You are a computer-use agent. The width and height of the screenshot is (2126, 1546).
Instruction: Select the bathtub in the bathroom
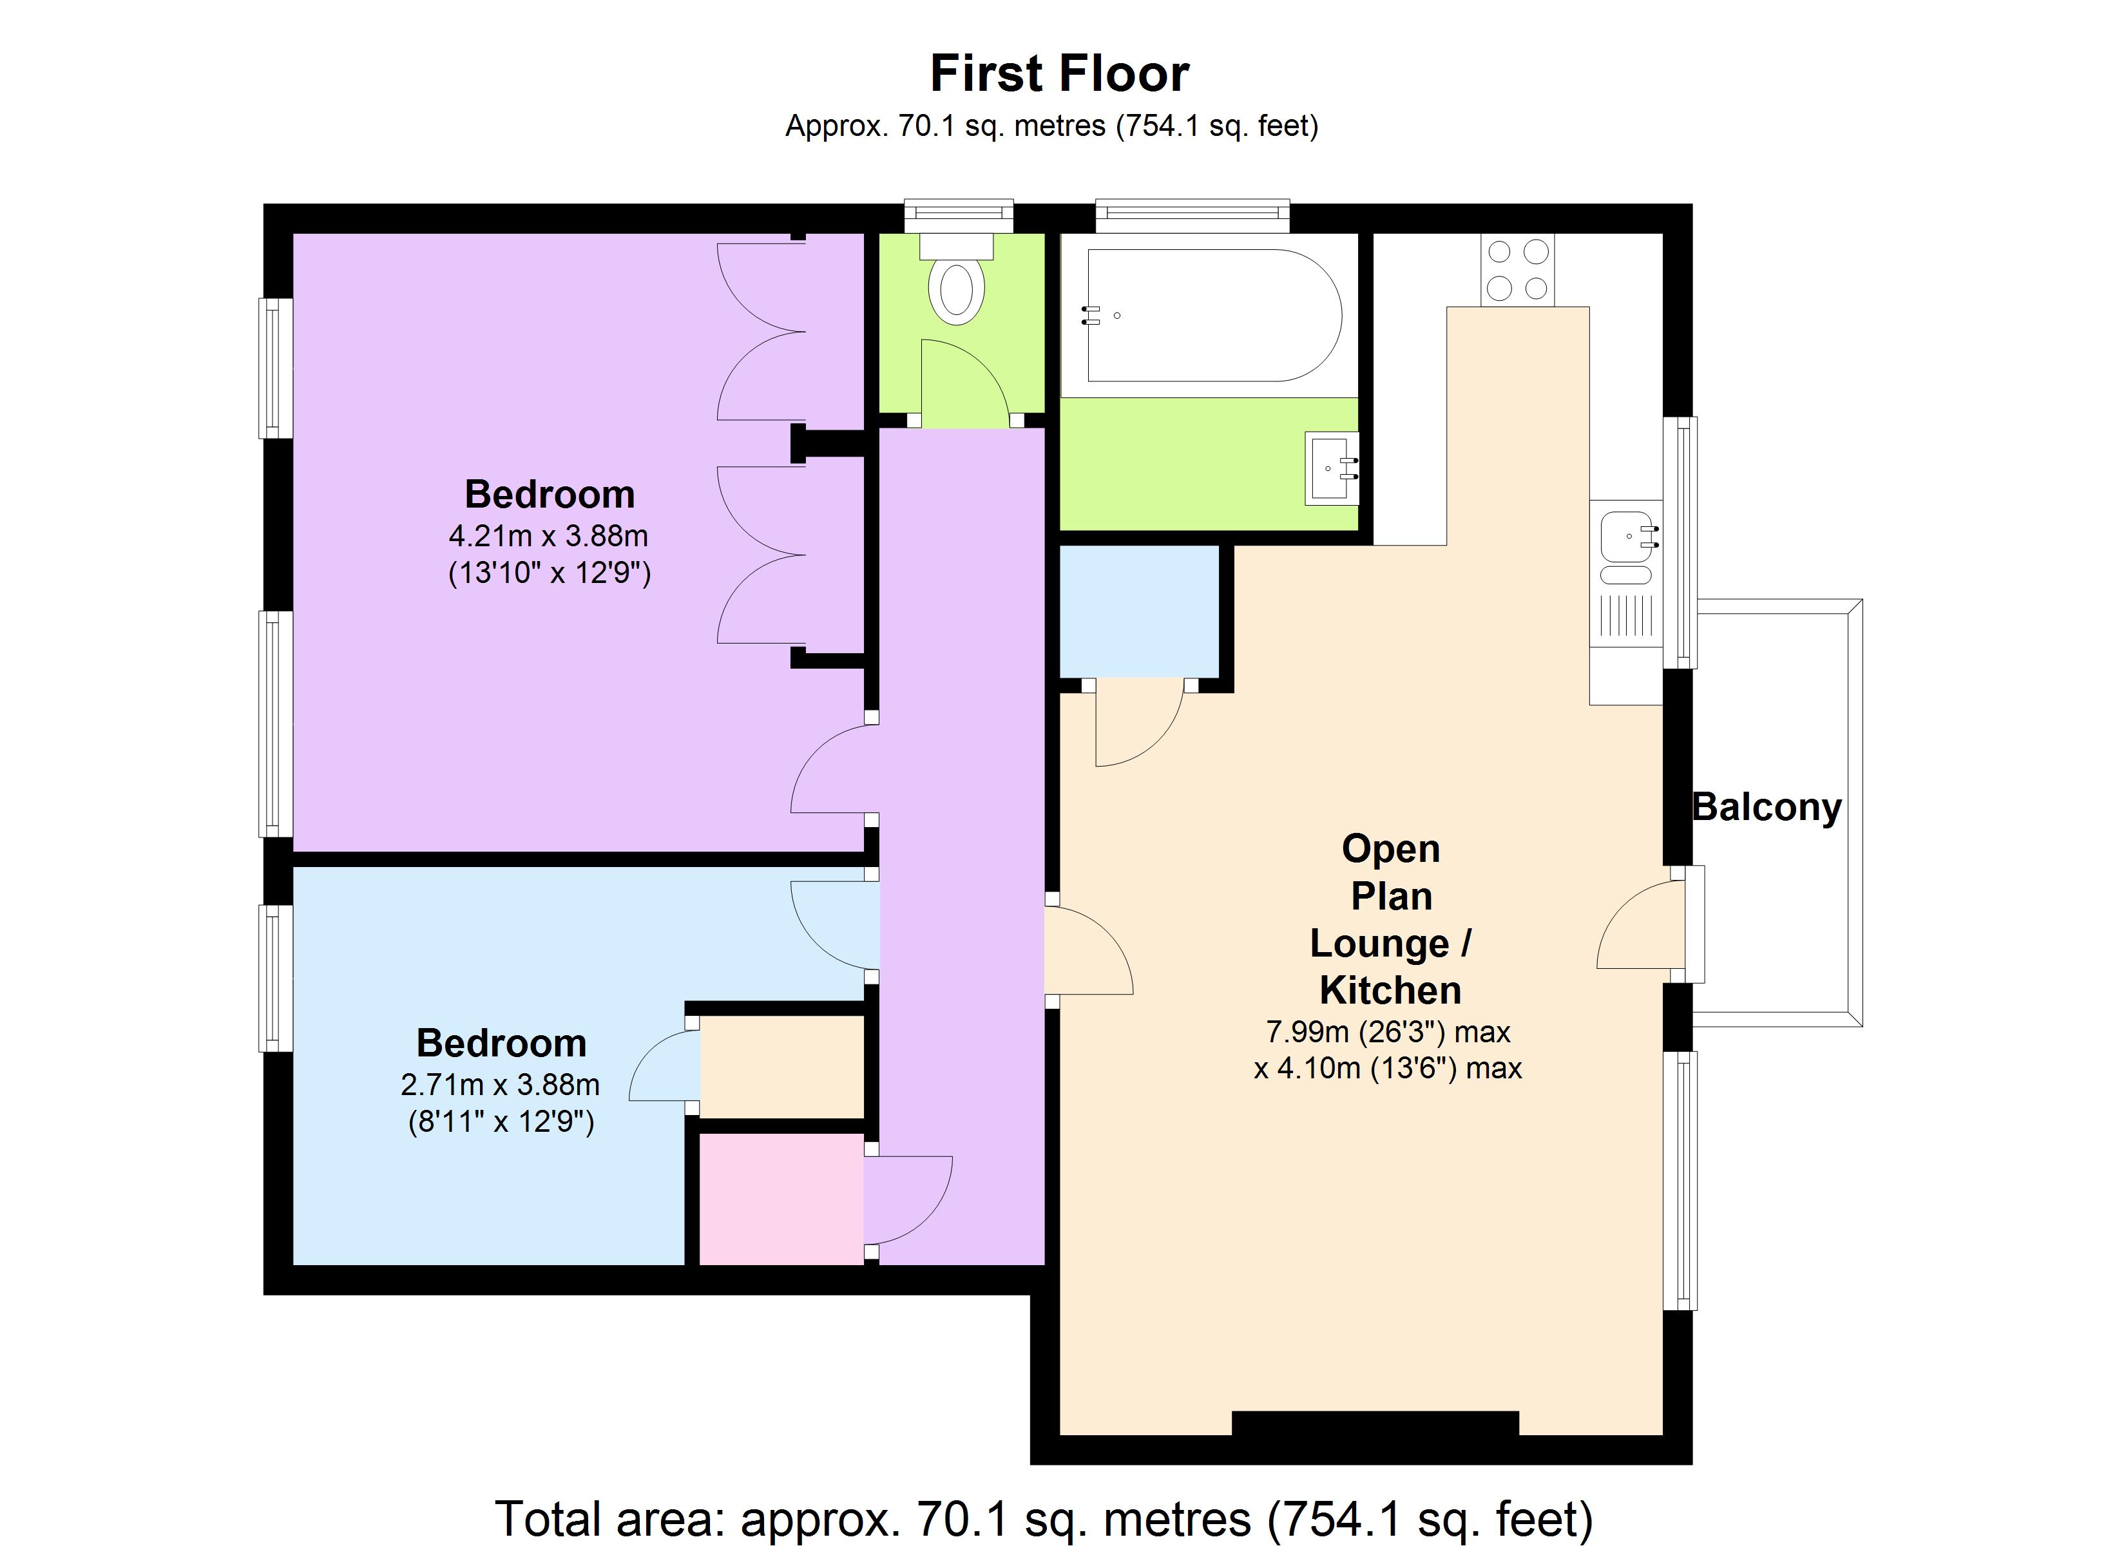[x=1213, y=315]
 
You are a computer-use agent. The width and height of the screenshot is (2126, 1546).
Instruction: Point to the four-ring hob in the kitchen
[x=1517, y=270]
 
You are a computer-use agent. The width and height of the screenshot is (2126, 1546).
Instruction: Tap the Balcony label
[x=1766, y=807]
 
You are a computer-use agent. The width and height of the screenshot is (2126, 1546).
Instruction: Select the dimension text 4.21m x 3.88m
[x=548, y=537]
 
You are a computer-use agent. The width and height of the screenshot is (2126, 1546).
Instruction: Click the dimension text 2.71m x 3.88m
[x=500, y=1085]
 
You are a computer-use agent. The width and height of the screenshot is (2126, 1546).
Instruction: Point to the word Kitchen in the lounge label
[x=1390, y=990]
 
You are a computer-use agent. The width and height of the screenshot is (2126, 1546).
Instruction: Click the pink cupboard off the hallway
[x=781, y=1198]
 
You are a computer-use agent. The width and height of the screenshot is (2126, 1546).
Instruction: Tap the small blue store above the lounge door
[x=1139, y=611]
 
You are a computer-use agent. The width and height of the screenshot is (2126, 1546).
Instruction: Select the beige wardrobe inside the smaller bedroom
[x=781, y=1066]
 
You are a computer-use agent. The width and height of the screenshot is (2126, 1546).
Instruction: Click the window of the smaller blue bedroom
[x=274, y=978]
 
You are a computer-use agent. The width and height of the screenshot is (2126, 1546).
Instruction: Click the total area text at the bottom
[x=1043, y=1518]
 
